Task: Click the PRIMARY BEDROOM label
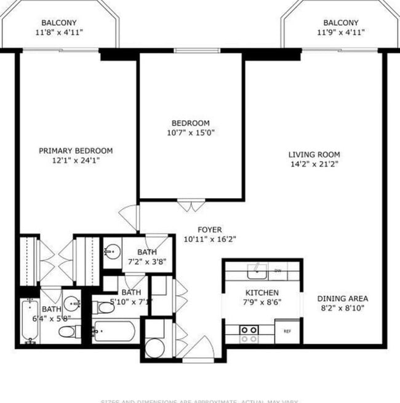76,151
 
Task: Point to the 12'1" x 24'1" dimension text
76,161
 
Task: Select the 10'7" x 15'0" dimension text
190,132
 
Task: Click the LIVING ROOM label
315,154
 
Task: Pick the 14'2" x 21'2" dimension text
315,164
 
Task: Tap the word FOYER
209,229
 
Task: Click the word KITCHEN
262,292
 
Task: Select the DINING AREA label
343,298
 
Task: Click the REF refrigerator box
287,331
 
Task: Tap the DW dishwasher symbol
278,270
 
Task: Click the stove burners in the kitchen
249,334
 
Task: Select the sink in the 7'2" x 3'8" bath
111,252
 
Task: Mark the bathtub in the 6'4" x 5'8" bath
30,321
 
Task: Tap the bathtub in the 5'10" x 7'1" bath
116,332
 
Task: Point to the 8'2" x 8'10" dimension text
343,308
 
